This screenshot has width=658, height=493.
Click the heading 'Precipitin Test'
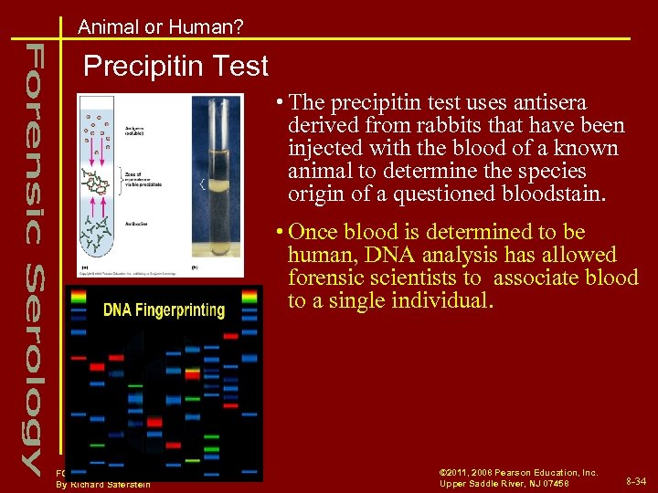tap(175, 66)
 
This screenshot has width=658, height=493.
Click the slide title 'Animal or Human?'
tap(161, 27)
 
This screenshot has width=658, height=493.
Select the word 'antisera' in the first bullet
tap(546, 103)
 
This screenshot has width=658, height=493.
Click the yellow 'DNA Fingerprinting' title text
tap(164, 310)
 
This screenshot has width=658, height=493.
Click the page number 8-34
tap(636, 480)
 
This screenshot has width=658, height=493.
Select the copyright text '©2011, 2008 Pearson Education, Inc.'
tap(518, 472)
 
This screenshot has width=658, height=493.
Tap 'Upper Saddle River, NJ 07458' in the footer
tap(504, 483)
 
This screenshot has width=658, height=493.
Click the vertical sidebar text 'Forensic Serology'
tap(31, 256)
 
